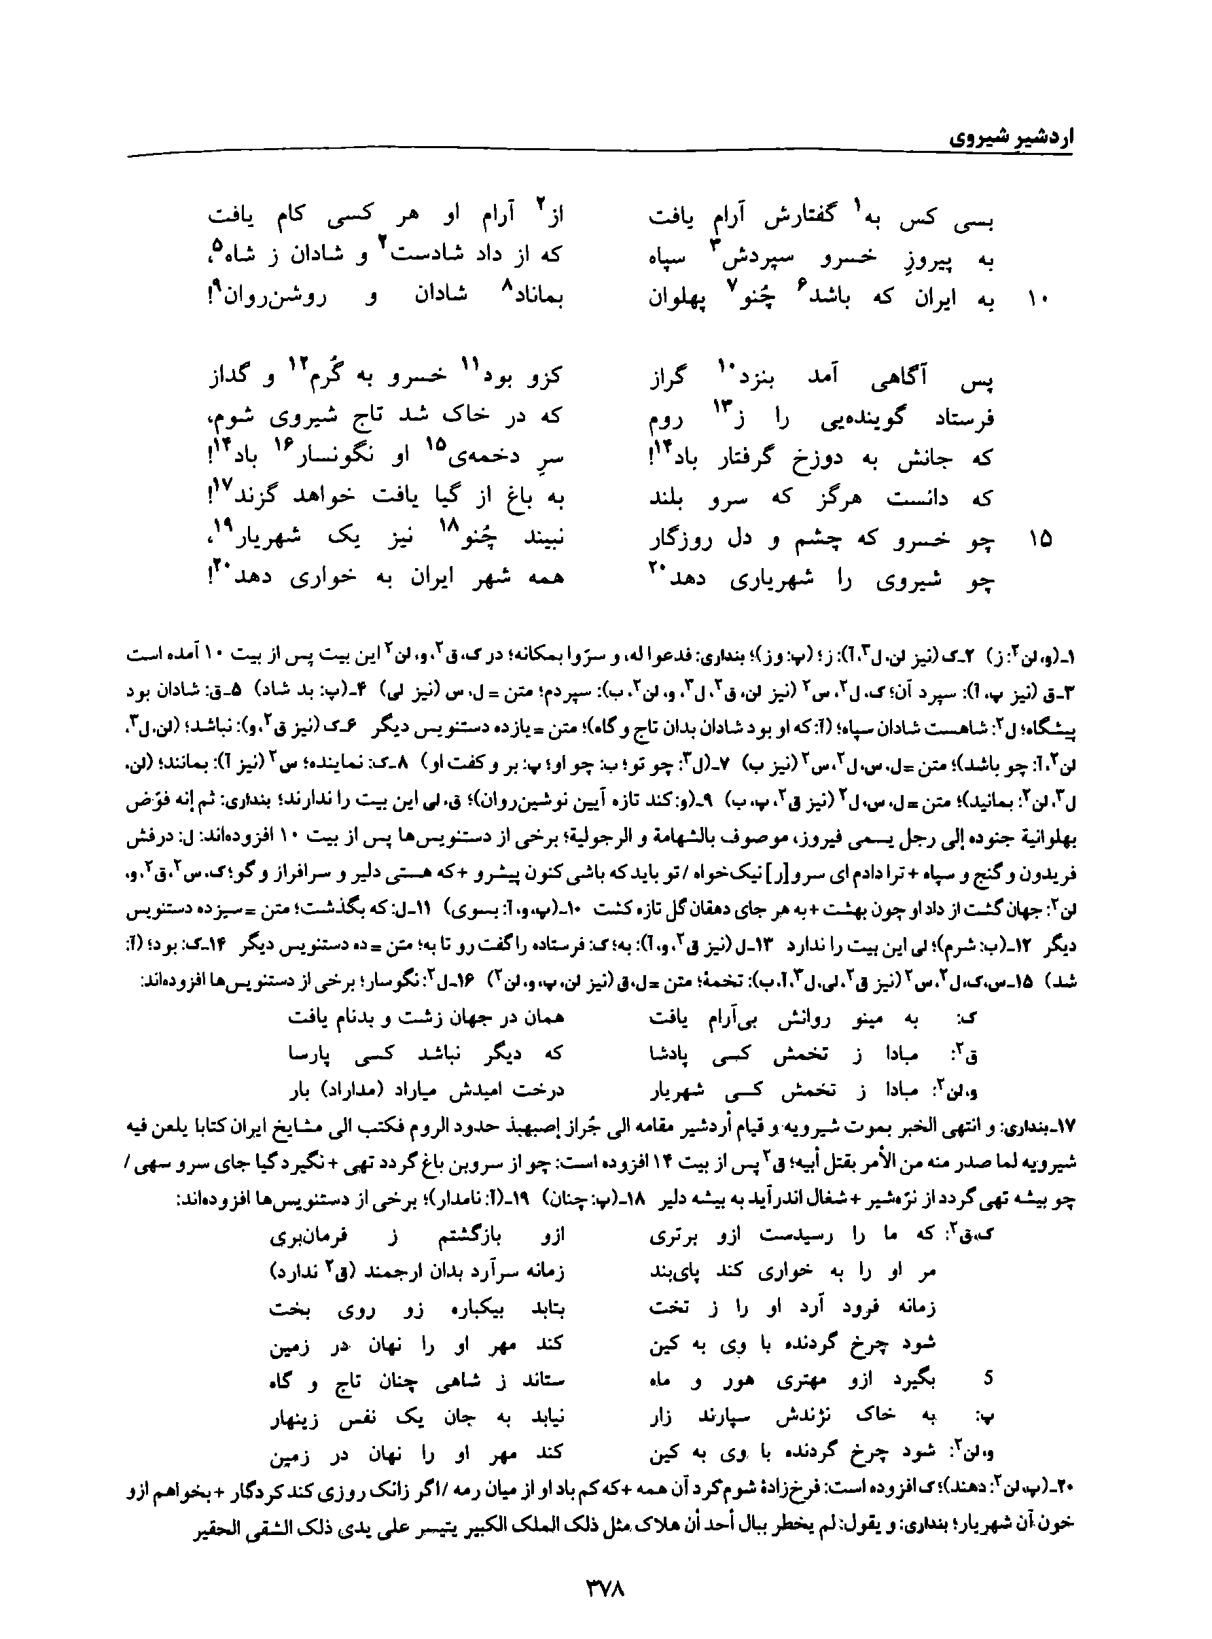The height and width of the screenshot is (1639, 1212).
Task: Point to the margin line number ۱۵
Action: (x=1039, y=540)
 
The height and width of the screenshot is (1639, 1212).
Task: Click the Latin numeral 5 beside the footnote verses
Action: (x=988, y=1379)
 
